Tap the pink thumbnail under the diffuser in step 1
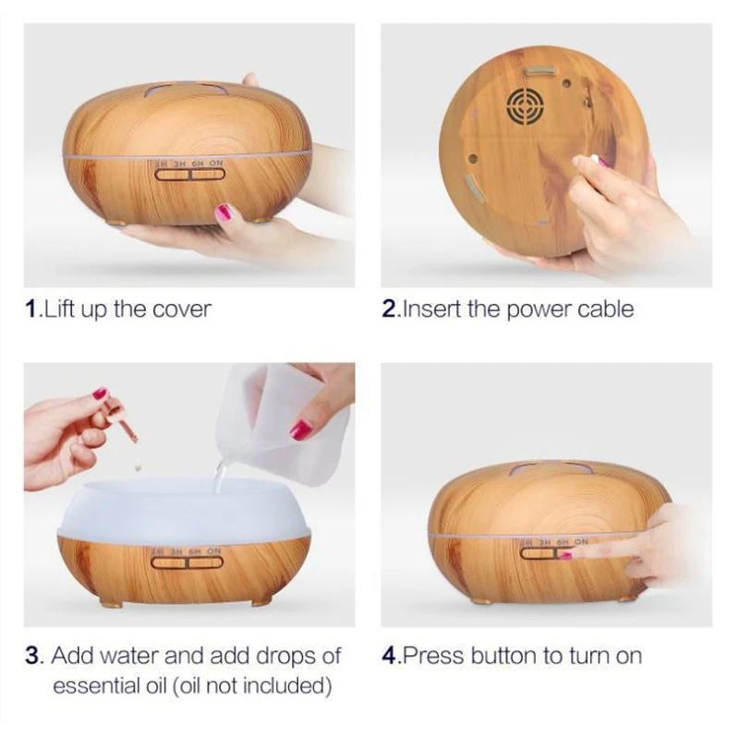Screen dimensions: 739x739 click(x=224, y=212)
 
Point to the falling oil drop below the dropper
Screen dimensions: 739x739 click(x=139, y=466)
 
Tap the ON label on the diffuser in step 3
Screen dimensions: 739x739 click(x=214, y=551)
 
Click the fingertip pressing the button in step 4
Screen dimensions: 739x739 click(x=564, y=554)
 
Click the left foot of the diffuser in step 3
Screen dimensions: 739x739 click(x=111, y=604)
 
